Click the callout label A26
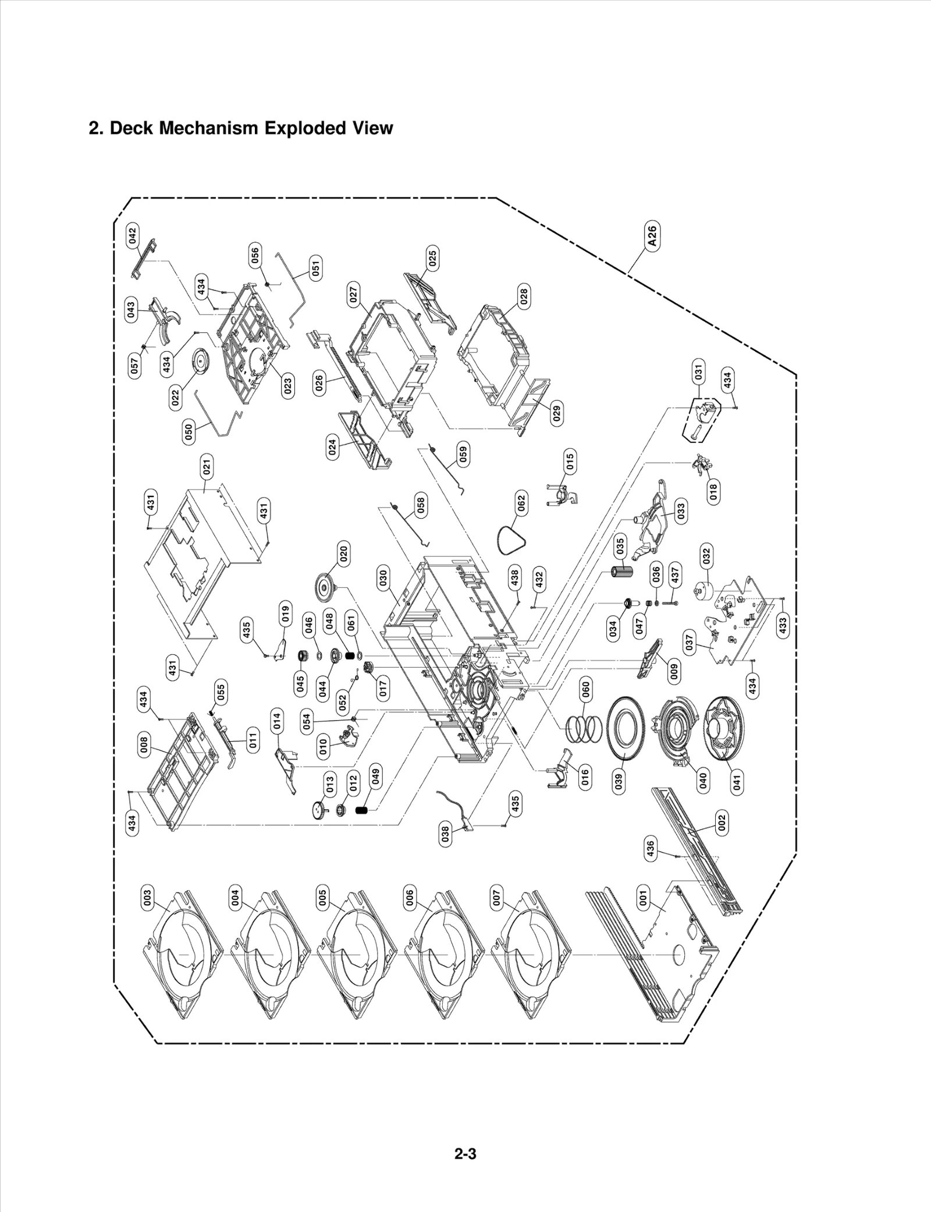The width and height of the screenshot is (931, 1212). pyautogui.click(x=652, y=236)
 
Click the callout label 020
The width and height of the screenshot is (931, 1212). pyautogui.click(x=343, y=554)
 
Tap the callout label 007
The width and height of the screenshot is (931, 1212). pyautogui.click(x=496, y=898)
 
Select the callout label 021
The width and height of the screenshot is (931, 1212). pyautogui.click(x=207, y=467)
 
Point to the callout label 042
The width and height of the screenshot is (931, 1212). pyautogui.click(x=133, y=236)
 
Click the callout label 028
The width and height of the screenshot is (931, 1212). pyautogui.click(x=524, y=296)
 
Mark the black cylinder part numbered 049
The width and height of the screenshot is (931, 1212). pyautogui.click(x=363, y=810)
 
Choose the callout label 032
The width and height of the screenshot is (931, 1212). pyautogui.click(x=706, y=556)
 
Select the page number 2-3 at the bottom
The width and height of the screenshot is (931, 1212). pyautogui.click(x=465, y=1137)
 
